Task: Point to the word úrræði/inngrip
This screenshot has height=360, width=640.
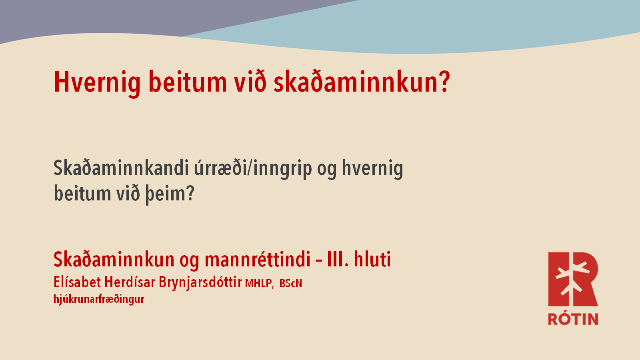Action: [x=253, y=169]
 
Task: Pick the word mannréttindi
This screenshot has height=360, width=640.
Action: [x=258, y=260]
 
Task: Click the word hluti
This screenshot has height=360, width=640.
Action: [x=372, y=259]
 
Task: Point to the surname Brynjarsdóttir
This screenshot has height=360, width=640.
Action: [x=200, y=282]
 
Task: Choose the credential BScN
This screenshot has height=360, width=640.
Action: [x=290, y=283]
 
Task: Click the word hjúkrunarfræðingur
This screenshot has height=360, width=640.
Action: [x=99, y=300]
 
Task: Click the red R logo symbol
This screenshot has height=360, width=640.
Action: [x=573, y=279]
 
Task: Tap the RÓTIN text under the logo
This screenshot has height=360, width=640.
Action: [x=573, y=318]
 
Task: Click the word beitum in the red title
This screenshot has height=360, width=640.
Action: [x=188, y=82]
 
